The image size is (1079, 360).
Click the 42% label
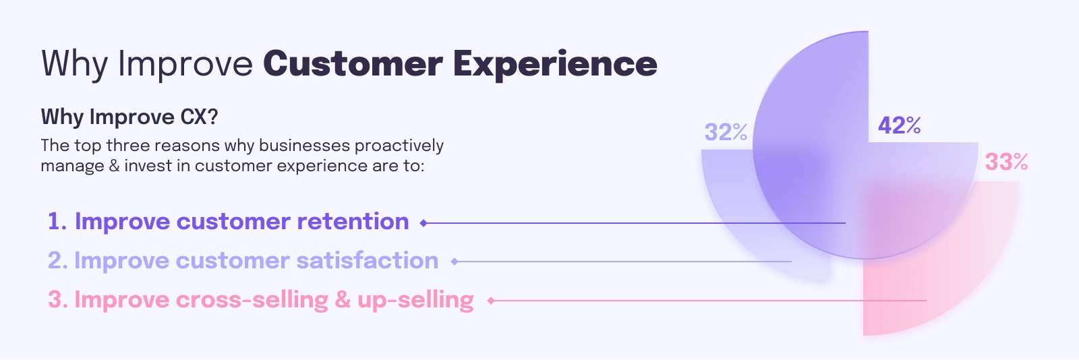[899, 125]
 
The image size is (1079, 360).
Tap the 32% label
[726, 132]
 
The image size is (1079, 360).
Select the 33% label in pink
[1006, 162]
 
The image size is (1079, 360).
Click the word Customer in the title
[353, 63]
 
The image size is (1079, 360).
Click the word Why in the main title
[74, 65]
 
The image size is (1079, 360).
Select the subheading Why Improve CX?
[129, 117]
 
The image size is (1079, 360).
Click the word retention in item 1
[353, 221]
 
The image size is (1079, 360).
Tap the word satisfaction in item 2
[367, 260]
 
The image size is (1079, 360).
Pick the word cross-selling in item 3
[252, 299]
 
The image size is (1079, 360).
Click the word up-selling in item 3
[415, 300]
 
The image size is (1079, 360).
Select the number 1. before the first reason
[57, 222]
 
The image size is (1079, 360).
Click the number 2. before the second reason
[58, 261]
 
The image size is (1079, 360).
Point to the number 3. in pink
[58, 300]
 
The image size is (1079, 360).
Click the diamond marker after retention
[424, 223]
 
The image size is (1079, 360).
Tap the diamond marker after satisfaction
[455, 262]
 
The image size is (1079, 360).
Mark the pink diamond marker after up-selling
[491, 301]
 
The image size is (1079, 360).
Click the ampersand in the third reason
[343, 300]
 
